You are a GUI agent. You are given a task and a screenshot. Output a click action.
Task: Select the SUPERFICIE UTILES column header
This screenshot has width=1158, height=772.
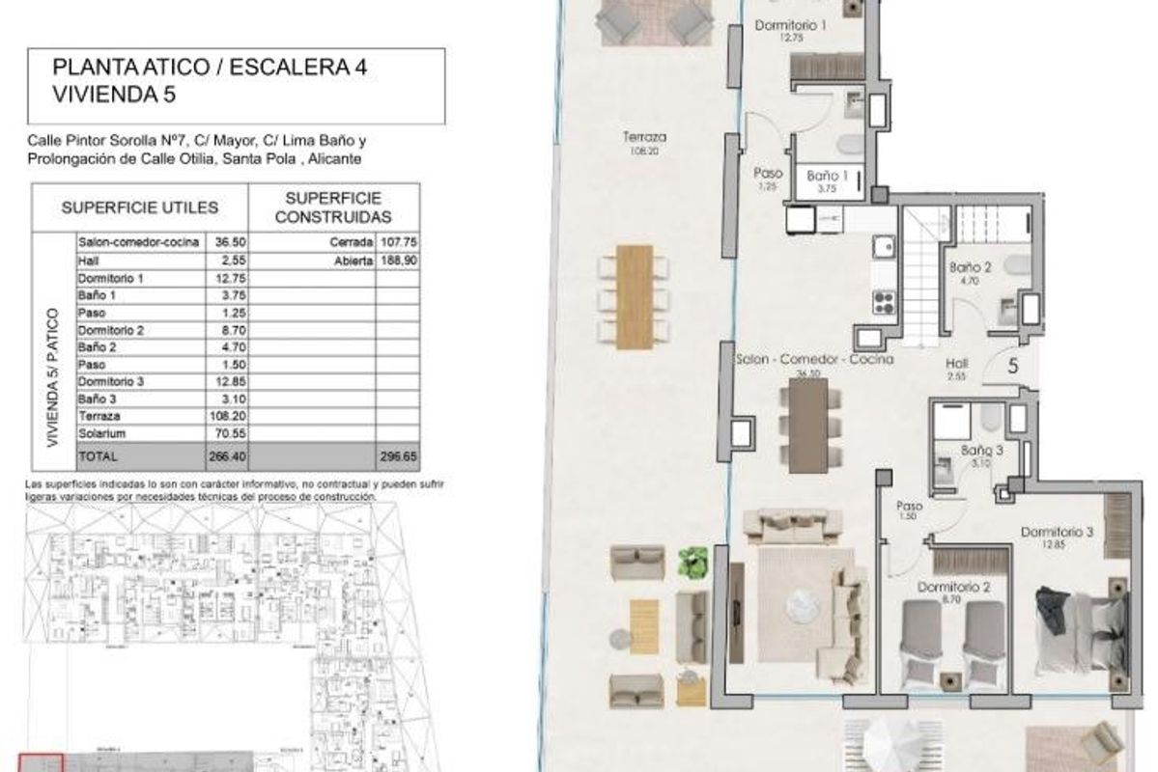coord(140,207)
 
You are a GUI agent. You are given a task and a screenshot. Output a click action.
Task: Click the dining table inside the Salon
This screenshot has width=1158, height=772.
coord(808,425)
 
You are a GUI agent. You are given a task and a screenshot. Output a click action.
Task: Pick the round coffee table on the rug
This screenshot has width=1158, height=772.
coord(801,606)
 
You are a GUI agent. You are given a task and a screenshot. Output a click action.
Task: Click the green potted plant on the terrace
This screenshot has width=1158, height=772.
coord(692,563)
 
